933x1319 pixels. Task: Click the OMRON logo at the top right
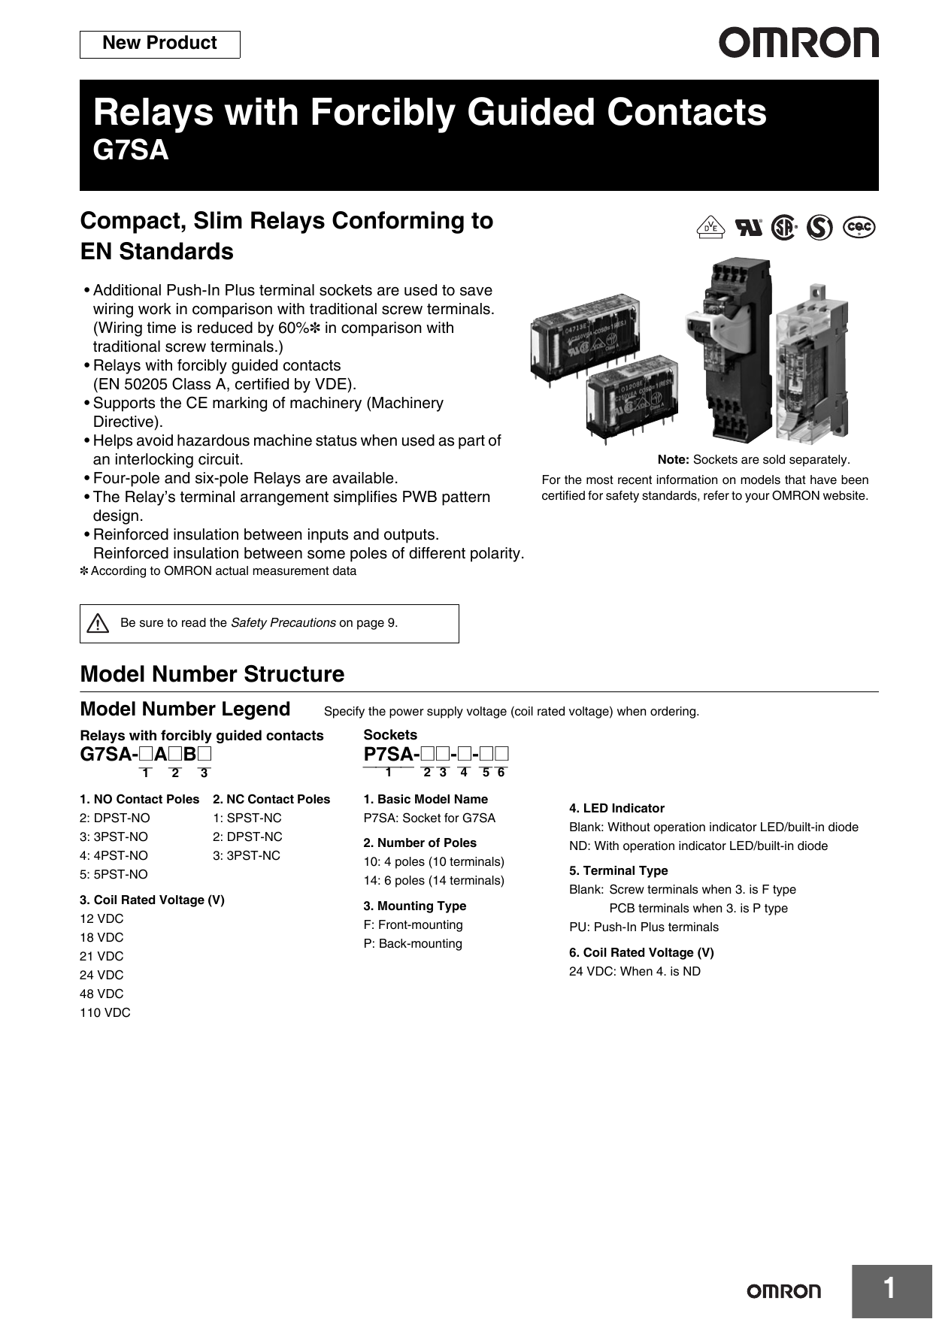(798, 44)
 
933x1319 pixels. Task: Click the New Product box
(159, 44)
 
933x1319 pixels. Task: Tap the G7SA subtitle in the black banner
(131, 150)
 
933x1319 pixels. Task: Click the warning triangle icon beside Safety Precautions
(98, 623)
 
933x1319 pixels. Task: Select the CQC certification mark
(859, 226)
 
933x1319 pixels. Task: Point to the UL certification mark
(748, 227)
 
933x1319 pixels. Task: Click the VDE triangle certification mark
(710, 227)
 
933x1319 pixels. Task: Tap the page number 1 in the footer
(889, 1288)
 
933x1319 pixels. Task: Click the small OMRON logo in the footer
(783, 1291)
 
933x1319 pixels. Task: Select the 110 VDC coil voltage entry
(105, 1012)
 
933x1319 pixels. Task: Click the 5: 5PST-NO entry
(114, 874)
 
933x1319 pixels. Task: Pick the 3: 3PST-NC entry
(247, 855)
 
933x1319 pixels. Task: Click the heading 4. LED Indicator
(616, 808)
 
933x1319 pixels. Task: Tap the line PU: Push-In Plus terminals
(644, 927)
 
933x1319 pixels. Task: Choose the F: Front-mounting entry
(413, 924)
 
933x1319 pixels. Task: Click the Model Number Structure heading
(212, 674)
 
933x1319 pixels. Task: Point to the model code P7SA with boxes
(436, 755)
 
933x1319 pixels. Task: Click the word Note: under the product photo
(673, 460)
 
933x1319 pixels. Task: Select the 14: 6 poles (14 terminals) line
(434, 880)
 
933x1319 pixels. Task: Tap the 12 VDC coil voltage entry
(101, 918)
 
